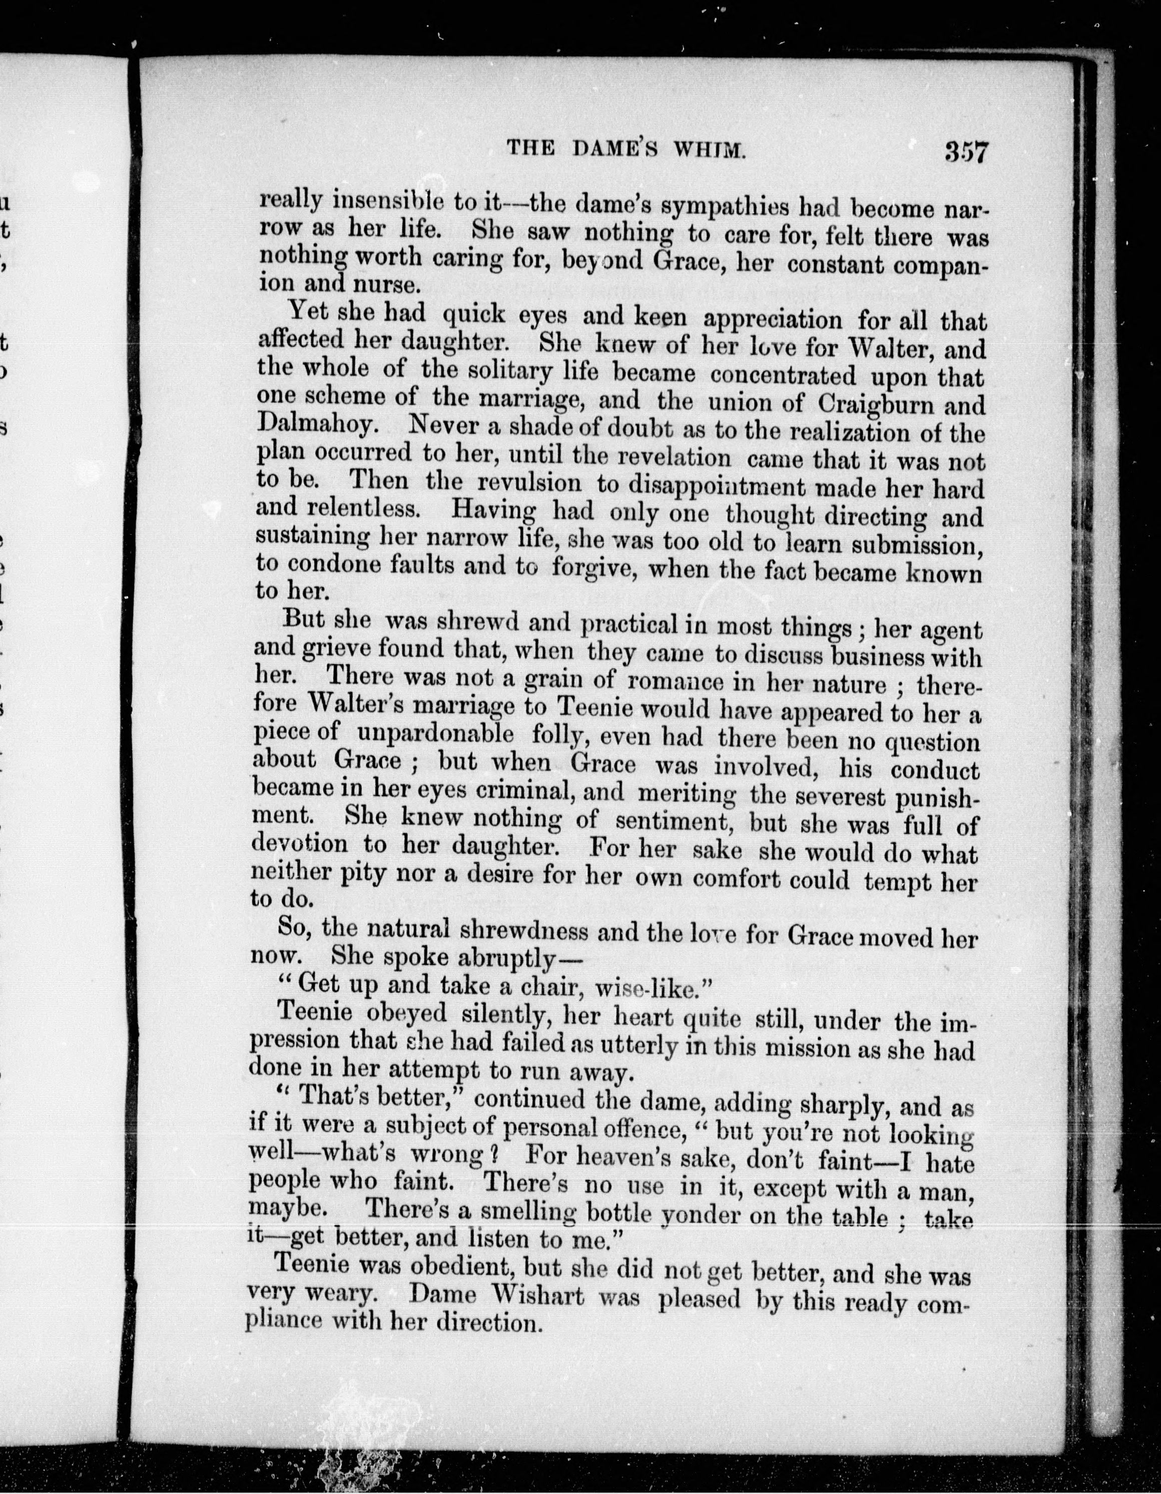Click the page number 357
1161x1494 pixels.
[x=965, y=151]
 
